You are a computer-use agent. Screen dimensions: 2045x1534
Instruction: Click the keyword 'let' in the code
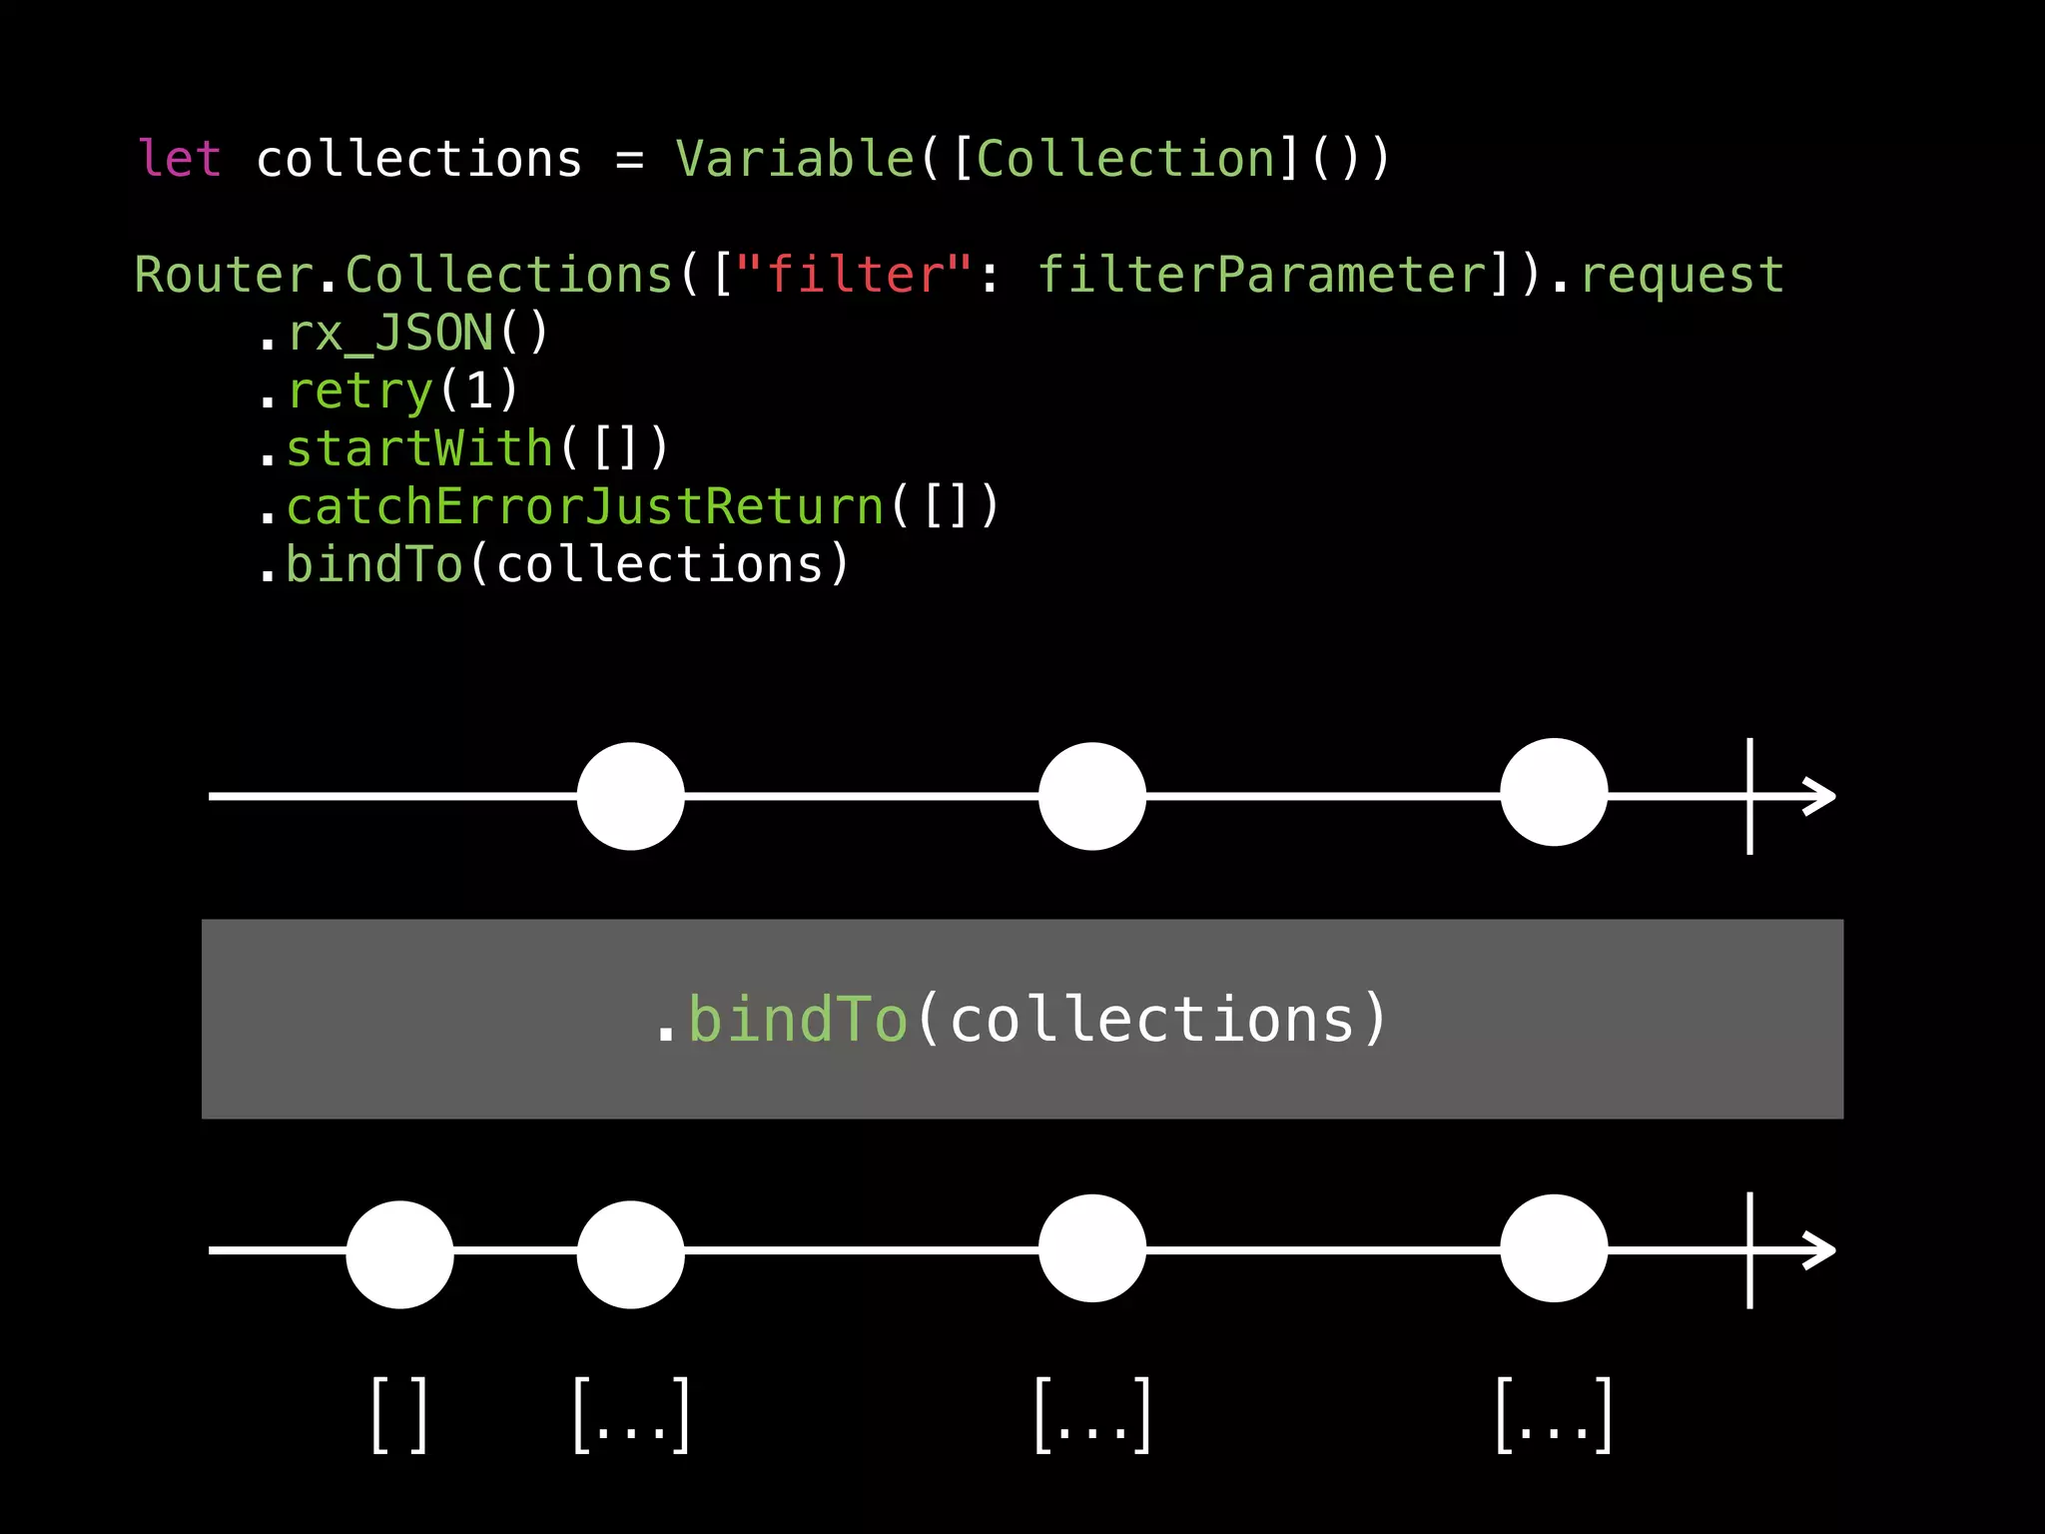[x=179, y=160]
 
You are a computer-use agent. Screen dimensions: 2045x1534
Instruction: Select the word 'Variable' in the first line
[x=795, y=160]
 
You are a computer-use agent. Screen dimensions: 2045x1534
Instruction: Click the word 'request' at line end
[x=1682, y=276]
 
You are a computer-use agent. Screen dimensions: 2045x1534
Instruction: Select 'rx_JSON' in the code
[x=390, y=334]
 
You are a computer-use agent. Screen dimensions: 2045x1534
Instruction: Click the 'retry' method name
[x=359, y=391]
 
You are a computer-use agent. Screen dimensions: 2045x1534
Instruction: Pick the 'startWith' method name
[x=419, y=449]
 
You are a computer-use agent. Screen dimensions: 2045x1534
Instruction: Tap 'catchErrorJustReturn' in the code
[x=585, y=507]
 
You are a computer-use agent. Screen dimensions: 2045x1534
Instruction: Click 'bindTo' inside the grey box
[x=797, y=1020]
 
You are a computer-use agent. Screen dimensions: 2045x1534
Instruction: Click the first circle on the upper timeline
[x=631, y=796]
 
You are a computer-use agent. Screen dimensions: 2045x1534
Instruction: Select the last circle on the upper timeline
[x=1554, y=793]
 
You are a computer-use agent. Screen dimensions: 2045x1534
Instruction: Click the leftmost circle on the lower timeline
[x=399, y=1254]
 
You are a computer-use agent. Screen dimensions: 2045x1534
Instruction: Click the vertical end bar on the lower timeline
[x=1749, y=1249]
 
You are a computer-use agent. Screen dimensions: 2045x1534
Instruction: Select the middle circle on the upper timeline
[x=1092, y=796]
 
